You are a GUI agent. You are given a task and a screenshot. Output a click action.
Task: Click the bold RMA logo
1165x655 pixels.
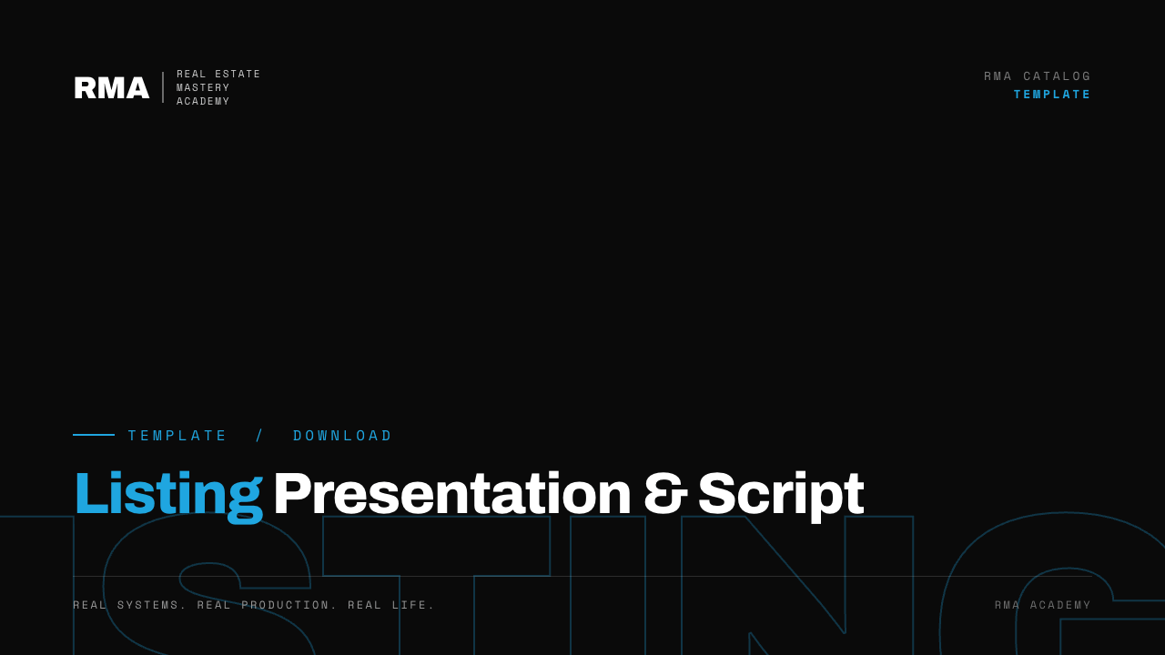pos(112,87)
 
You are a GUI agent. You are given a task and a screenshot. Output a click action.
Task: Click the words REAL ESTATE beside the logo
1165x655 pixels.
pos(218,74)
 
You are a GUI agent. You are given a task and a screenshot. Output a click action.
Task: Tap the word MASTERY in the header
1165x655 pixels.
pos(203,87)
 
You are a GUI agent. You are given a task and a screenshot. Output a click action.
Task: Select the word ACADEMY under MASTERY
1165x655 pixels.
pos(203,101)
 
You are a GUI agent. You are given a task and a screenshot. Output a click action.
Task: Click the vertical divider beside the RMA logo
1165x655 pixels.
pos(163,87)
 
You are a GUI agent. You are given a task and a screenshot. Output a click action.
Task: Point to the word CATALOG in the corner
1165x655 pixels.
pos(1057,76)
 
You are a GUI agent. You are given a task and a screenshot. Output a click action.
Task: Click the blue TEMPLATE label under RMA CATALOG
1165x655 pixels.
pos(1052,94)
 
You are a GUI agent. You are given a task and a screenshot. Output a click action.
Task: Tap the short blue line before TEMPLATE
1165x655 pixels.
pos(94,435)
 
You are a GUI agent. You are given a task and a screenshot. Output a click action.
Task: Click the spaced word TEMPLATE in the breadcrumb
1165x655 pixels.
pos(177,435)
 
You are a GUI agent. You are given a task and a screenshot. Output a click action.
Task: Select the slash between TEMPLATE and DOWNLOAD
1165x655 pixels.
pos(259,435)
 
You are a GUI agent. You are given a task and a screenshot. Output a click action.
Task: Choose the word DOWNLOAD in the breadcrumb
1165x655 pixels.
pos(342,435)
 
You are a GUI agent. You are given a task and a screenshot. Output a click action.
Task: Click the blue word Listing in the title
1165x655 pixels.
pos(169,497)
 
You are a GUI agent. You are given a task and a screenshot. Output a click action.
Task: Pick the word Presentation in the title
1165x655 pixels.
pos(452,493)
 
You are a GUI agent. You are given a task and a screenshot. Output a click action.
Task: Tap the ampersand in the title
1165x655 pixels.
pos(665,493)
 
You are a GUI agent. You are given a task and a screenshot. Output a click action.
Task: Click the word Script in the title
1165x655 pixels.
pos(781,497)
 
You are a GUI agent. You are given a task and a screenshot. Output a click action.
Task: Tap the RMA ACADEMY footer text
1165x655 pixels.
pos(1043,605)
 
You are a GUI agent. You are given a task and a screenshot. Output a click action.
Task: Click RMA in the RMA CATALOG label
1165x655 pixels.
pos(998,76)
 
